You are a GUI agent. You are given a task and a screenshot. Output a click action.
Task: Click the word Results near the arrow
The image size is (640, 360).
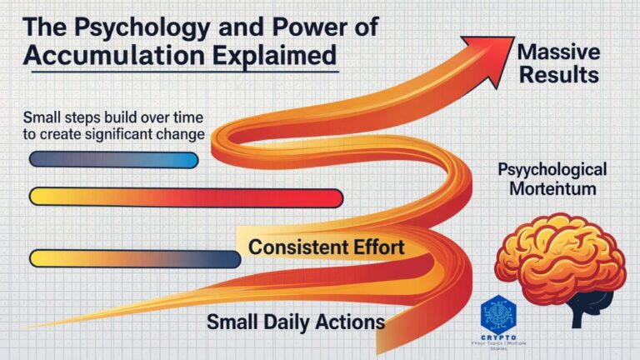pos(557,75)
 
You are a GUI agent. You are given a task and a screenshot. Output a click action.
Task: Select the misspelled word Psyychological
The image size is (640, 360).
pos(552,170)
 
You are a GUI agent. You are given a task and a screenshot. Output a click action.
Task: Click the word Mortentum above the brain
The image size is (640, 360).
pos(552,188)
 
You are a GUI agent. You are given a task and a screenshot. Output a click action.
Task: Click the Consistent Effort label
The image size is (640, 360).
pos(326,247)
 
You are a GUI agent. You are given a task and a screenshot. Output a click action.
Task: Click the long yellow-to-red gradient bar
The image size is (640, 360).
pos(185,197)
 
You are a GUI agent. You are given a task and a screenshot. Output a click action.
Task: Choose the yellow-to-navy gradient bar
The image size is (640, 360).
pos(134,258)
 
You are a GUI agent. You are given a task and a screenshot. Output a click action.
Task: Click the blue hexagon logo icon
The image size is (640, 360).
pos(498,312)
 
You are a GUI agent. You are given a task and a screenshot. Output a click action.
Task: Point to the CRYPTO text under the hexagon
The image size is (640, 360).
pos(498,333)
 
